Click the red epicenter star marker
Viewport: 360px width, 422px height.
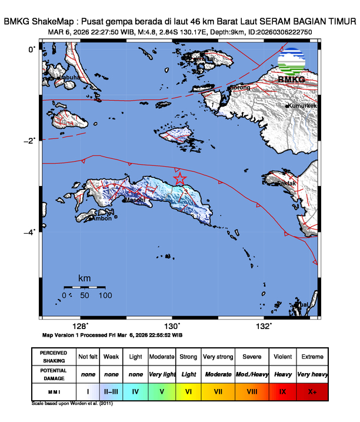click(180, 178)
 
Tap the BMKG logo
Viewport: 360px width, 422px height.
click(291, 66)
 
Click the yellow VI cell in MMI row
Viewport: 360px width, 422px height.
click(188, 390)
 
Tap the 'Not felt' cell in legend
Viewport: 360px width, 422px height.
click(88, 357)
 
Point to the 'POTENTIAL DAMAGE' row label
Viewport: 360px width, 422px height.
click(54, 374)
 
